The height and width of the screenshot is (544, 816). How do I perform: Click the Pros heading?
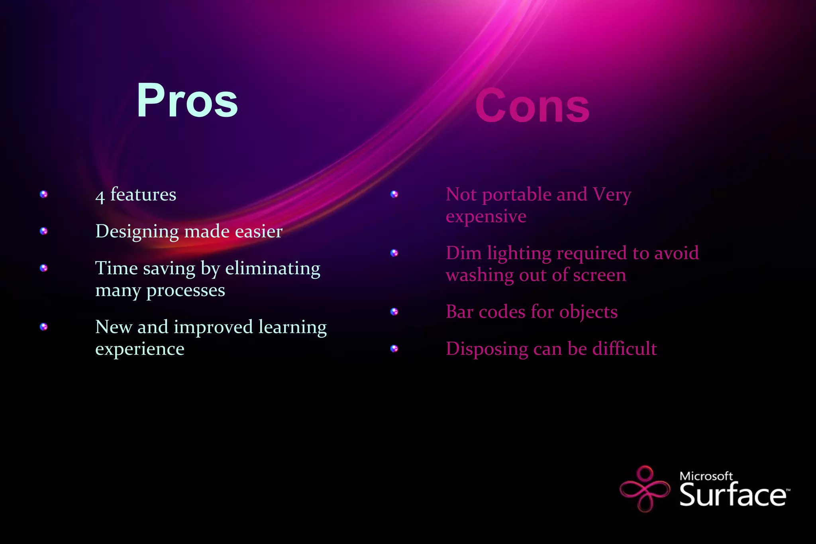[x=187, y=100]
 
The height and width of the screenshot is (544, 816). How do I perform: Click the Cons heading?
[x=532, y=106]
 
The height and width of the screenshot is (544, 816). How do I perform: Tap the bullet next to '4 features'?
[x=44, y=194]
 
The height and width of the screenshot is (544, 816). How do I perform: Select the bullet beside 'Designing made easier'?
[x=44, y=231]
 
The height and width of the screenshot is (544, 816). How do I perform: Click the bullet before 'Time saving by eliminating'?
[x=44, y=268]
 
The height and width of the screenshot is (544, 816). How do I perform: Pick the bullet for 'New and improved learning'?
[x=44, y=327]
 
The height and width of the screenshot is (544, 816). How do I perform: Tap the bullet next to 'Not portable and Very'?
[x=394, y=194]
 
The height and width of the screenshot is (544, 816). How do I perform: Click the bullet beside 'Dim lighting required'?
[x=394, y=253]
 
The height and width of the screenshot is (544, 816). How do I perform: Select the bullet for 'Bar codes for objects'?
[x=394, y=312]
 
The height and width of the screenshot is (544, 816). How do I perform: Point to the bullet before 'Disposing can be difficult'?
[x=394, y=349]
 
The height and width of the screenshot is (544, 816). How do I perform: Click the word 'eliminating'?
[x=273, y=268]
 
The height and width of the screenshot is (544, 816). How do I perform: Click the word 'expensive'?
[x=486, y=217]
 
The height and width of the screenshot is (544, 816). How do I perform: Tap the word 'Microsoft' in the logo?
[x=706, y=476]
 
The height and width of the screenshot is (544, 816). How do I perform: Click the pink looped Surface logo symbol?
[x=645, y=489]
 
